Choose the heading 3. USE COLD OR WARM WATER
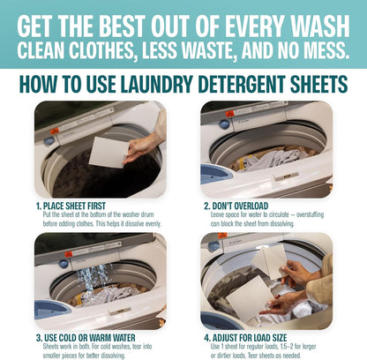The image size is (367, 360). [94, 336]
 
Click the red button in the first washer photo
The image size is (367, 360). [54, 130]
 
